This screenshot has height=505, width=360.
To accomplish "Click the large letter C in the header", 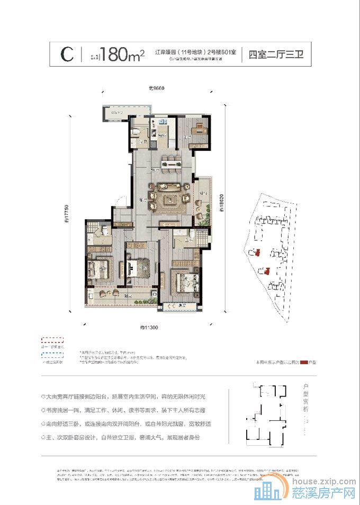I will (67, 55).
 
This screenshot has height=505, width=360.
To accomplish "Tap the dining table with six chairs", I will (169, 164).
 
